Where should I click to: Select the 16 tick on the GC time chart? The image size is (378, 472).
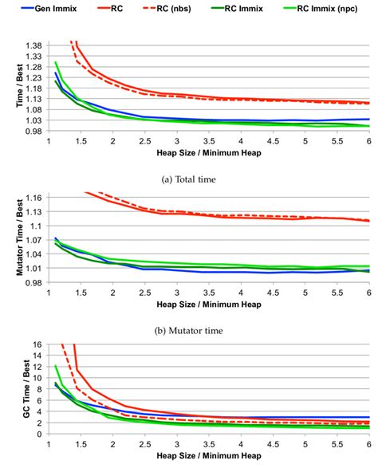click(37, 345)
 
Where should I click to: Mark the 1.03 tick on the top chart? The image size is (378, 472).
click(33, 120)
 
